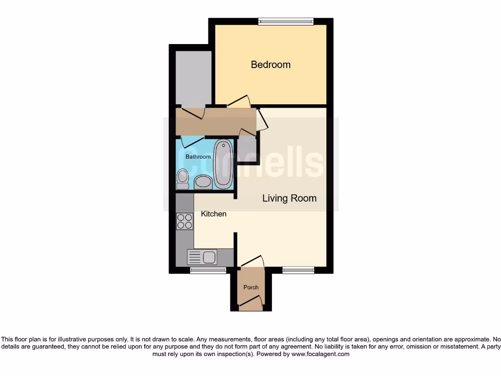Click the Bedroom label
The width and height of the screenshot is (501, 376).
[271, 65]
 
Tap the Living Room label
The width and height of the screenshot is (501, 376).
[289, 198]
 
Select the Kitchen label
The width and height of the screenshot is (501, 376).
[214, 214]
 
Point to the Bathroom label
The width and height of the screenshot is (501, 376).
[198, 157]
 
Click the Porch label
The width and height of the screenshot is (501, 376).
[251, 287]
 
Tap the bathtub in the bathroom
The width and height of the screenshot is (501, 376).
[223, 164]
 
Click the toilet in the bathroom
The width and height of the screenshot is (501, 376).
[182, 179]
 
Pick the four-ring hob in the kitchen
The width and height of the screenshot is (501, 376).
[185, 222]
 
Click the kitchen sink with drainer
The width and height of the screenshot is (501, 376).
[202, 257]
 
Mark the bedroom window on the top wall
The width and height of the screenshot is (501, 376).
[286, 21]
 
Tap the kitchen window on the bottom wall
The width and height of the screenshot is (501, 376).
[205, 270]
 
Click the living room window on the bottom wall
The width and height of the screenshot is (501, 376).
[298, 270]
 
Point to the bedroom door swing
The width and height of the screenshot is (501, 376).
[239, 101]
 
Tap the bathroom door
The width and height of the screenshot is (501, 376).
[192, 141]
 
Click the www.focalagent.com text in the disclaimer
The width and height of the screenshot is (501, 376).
[320, 354]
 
